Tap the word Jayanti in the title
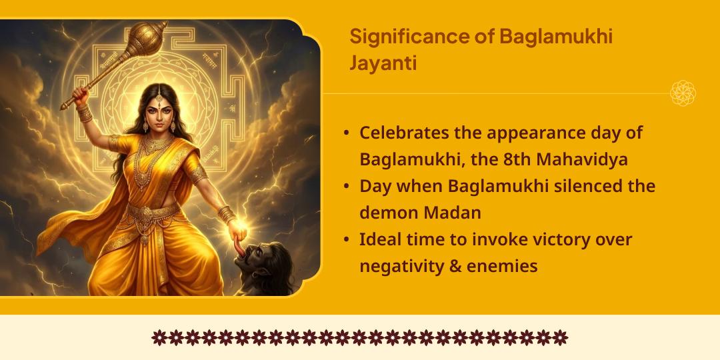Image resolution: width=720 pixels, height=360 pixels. point(383,63)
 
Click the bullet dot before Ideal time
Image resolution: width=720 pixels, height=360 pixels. point(347,239)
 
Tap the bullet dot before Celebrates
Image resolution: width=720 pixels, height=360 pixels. point(347,133)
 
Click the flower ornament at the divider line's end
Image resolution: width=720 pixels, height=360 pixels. point(683,93)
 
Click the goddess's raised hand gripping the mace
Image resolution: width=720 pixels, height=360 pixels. point(81,94)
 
